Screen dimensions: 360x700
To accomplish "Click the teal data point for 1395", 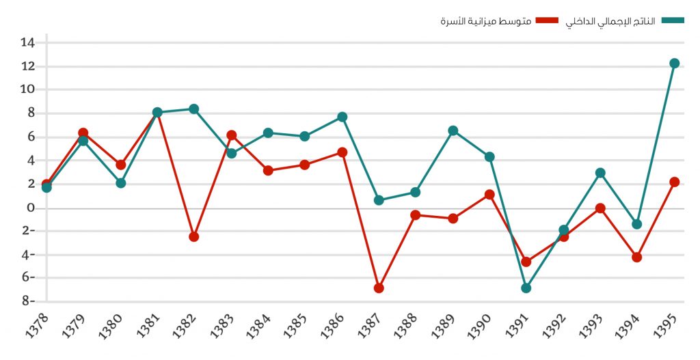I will coord(674,64).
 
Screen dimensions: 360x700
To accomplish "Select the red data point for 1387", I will coord(379,288).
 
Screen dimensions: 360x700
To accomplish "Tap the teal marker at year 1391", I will coord(526,288).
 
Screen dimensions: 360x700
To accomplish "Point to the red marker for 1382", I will coord(193,236).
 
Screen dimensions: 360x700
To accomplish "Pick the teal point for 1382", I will coord(193,109).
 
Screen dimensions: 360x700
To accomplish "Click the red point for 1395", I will coord(674,182).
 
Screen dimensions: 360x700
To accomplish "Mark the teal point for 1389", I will coord(453,130).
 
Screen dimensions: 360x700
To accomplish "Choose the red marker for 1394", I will coord(636,258).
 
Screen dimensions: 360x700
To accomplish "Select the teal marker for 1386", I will coord(342,117).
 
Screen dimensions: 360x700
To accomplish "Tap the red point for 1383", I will coord(231,135).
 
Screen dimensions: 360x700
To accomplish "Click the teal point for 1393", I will coord(600,173).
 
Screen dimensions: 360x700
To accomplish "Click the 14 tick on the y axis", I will coord(27,42).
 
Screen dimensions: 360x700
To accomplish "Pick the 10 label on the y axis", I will coord(27,89).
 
